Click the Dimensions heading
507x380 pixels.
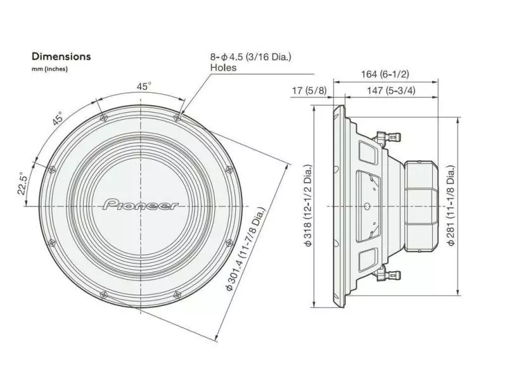pos(61,56)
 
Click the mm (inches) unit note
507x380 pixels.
pos(49,68)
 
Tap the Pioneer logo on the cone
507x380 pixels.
pos(140,205)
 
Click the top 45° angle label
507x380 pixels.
pos(144,85)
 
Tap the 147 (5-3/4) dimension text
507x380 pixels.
pos(392,91)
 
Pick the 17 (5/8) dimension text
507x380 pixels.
pos(309,91)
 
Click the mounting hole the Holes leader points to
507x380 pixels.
pos(177,117)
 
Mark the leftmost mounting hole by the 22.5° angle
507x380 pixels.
pos(50,168)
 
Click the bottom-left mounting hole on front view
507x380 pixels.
pos(102,294)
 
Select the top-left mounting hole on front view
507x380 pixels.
pos(102,117)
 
